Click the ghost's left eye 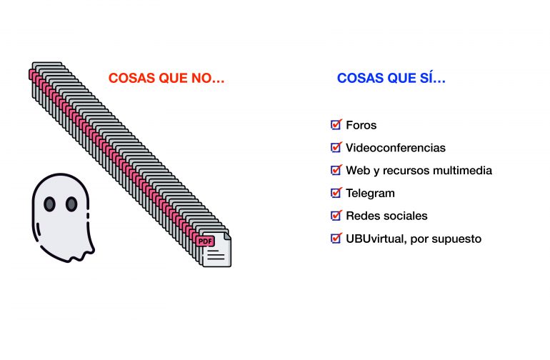tap(49, 204)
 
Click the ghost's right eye tap(71, 204)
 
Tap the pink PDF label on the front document tap(205, 241)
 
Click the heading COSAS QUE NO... tap(166, 78)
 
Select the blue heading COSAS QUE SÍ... tap(391, 78)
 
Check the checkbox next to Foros tap(336, 124)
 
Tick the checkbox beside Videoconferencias tap(336, 147)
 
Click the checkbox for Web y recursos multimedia tap(336, 170)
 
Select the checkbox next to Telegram tap(336, 193)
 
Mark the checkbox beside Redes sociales tap(336, 216)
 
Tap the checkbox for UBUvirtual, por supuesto tap(336, 239)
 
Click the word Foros tap(361, 125)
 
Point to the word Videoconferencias tap(396, 148)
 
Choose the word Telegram tap(370, 194)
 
